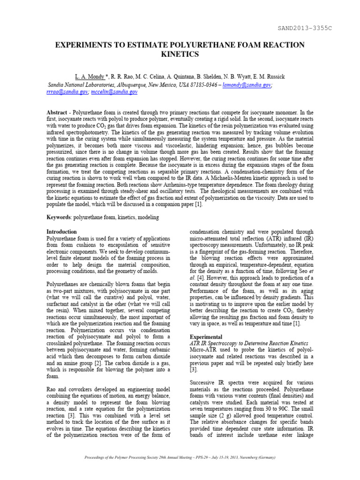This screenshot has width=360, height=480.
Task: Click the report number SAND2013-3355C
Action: [305, 29]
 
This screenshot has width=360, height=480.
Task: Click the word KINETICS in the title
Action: [180, 54]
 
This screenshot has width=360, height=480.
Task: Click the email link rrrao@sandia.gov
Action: [67, 92]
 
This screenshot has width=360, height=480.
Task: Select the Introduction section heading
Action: [61, 232]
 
